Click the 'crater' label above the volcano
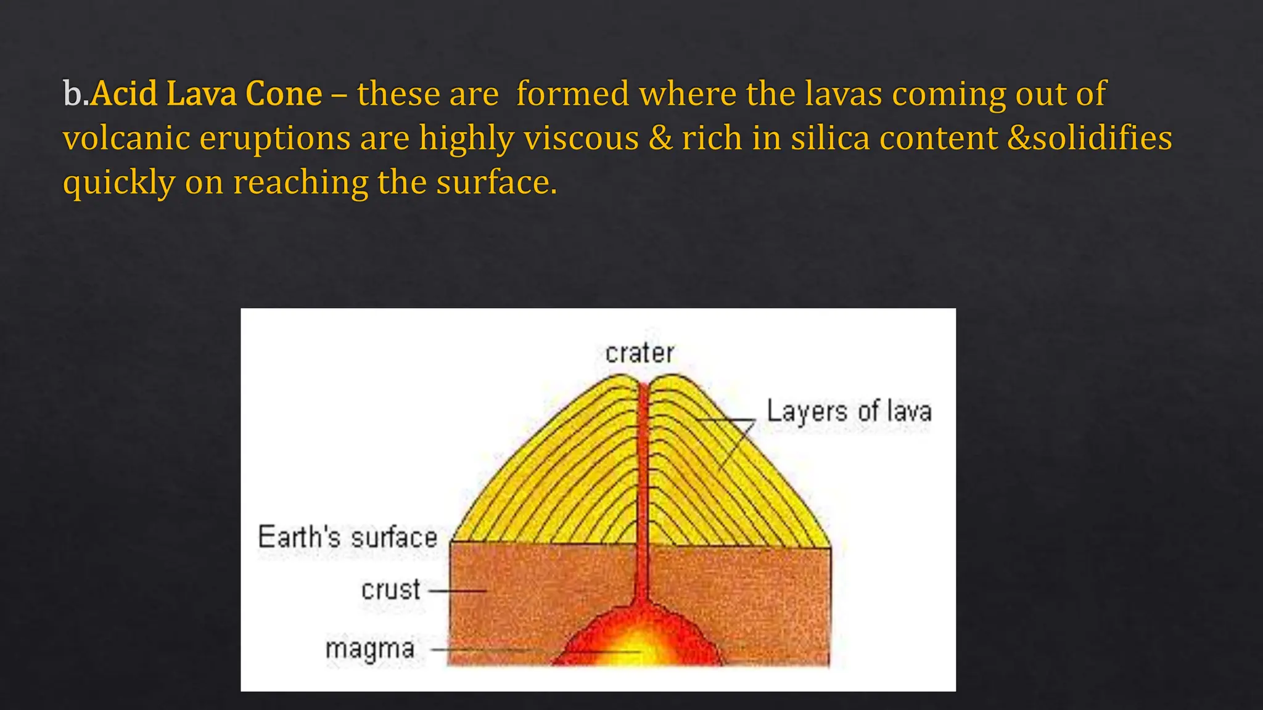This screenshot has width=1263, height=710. pyautogui.click(x=640, y=353)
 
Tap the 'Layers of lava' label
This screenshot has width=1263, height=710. pyautogui.click(x=849, y=412)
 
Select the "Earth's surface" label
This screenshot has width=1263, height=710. pyautogui.click(x=347, y=537)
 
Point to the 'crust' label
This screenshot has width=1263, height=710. pyautogui.click(x=391, y=590)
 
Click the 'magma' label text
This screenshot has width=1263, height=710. pyautogui.click(x=370, y=649)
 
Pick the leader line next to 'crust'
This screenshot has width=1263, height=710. pyautogui.click(x=458, y=590)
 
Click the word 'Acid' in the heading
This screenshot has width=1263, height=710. pyautogui.click(x=124, y=94)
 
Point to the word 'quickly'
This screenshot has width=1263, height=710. pyautogui.click(x=119, y=183)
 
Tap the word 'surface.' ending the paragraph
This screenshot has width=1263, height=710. pyautogui.click(x=496, y=182)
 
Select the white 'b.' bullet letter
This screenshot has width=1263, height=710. pyautogui.click(x=75, y=94)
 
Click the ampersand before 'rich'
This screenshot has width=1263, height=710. pyautogui.click(x=660, y=137)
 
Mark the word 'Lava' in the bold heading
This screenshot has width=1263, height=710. pyautogui.click(x=201, y=94)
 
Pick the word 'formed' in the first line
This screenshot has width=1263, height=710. pyautogui.click(x=572, y=94)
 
